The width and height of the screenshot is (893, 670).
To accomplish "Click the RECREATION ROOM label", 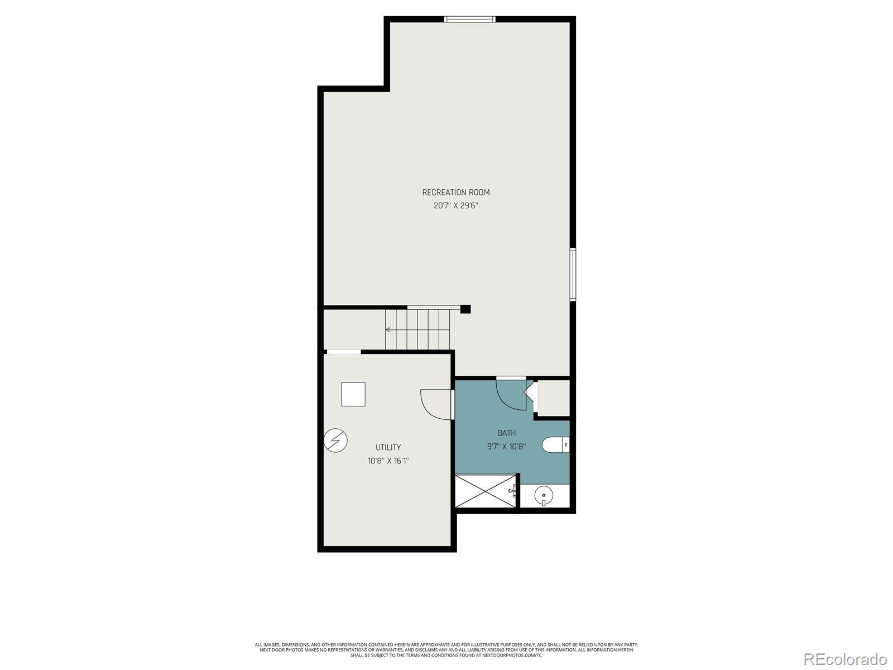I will pyautogui.click(x=455, y=192).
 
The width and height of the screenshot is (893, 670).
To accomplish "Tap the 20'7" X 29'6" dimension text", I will pyautogui.click(x=455, y=205).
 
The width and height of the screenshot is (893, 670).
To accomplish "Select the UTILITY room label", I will pyautogui.click(x=388, y=447).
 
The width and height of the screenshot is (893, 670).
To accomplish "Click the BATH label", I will pyautogui.click(x=506, y=433).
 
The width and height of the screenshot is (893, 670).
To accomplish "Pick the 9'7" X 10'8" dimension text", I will pyautogui.click(x=506, y=446).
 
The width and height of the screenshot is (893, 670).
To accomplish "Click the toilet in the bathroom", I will pyautogui.click(x=556, y=444).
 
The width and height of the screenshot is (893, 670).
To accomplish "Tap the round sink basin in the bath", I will pyautogui.click(x=543, y=495).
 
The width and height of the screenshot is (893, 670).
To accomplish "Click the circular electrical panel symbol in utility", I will pyautogui.click(x=335, y=441).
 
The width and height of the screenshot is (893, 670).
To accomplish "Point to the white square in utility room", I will pyautogui.click(x=353, y=394).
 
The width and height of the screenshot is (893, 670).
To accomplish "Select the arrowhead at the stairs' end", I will pyautogui.click(x=388, y=329).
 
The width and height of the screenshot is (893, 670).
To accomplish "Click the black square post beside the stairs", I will pyautogui.click(x=465, y=309).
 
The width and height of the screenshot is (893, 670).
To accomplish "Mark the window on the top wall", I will pyautogui.click(x=469, y=20).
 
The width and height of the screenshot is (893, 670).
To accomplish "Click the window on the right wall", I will pyautogui.click(x=573, y=275).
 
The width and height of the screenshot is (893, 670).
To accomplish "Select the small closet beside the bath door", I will pyautogui.click(x=553, y=398).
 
